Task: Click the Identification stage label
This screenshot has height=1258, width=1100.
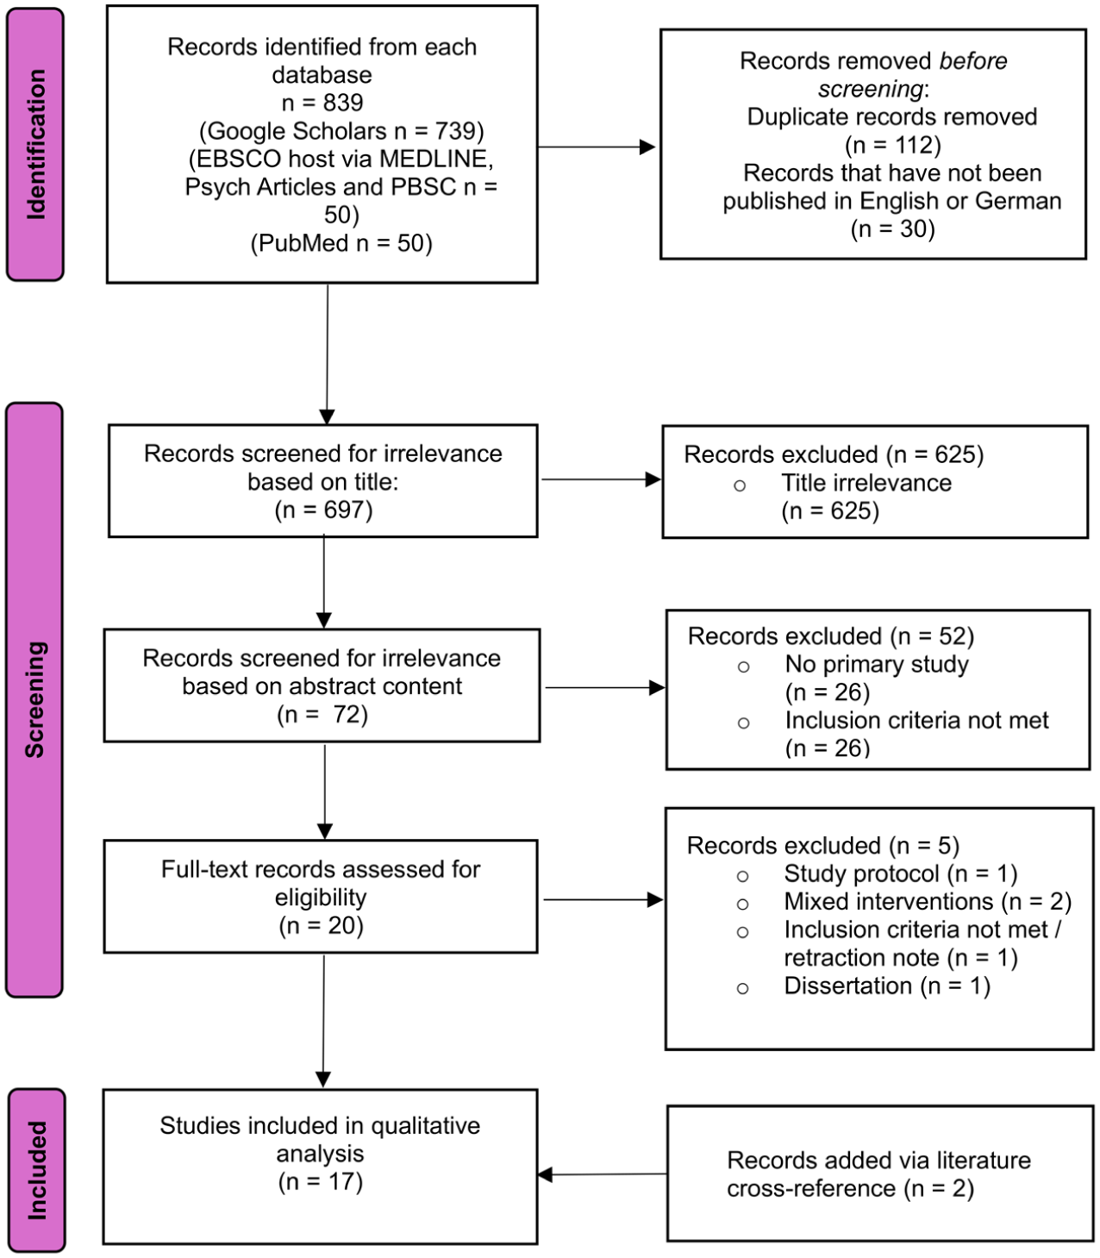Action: pos(35,145)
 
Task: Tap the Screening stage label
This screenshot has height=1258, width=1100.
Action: pos(34,699)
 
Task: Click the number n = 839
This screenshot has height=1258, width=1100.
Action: pos(322,103)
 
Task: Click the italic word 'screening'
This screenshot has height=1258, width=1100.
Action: pos(870,90)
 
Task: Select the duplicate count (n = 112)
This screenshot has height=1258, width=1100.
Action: pos(893,145)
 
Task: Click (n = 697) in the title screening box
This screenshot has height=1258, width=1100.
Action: pos(323,510)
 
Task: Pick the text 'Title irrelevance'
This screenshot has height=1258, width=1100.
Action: pos(866,483)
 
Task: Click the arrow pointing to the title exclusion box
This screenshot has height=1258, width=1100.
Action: pos(600,479)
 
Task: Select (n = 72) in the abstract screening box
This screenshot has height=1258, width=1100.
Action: pos(322,715)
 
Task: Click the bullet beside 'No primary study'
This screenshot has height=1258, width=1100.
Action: pos(744,667)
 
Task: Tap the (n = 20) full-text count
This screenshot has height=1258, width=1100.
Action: pos(321,925)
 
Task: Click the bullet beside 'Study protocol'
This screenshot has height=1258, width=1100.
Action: pos(743,876)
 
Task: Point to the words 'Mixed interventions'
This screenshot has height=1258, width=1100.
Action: pos(889,901)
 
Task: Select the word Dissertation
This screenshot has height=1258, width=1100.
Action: pos(848,986)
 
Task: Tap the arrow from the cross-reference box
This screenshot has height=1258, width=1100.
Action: pos(603,1174)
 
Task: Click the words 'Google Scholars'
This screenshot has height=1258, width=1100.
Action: pos(297,131)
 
